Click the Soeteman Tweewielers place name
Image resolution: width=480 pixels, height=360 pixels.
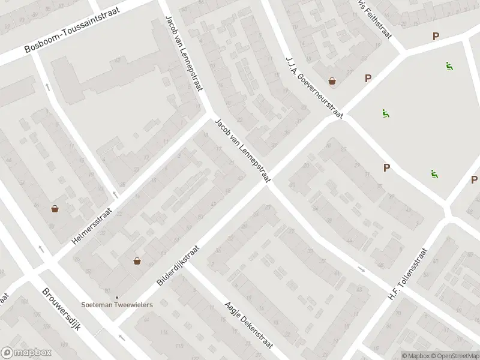pos(118,305)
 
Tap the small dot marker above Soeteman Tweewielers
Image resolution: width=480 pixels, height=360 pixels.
pos(118,297)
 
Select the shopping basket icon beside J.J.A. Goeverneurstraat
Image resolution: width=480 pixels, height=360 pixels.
pos(332,81)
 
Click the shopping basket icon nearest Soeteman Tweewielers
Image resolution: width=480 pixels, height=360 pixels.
pos(137,261)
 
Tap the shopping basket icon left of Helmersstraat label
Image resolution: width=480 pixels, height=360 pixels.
pos(55,209)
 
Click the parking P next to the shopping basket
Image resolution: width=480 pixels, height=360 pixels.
pos(368,77)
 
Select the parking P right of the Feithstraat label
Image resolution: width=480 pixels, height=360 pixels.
pos(436,37)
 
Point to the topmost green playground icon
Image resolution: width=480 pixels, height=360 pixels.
pos(449,65)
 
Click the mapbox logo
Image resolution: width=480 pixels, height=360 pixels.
pos(26,353)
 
